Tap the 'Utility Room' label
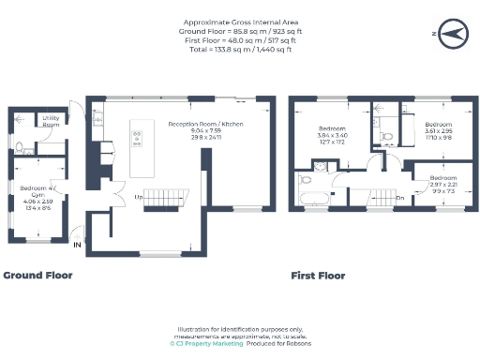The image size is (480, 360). pos(51,121)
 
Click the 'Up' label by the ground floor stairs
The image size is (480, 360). pos(139,197)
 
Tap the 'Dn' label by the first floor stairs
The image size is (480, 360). pos(400,198)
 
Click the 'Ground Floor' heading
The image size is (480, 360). pos(37,276)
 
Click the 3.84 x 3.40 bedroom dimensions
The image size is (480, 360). pos(332,135)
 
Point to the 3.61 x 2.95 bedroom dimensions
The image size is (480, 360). pos(438,132)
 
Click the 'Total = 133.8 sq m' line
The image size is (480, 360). pos(238,49)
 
